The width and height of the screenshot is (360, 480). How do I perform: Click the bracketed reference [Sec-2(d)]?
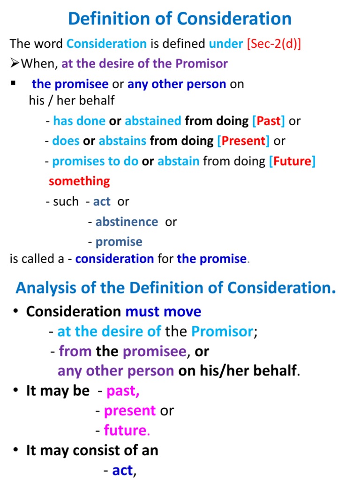click(x=274, y=44)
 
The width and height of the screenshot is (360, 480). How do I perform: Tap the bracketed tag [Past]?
click(x=269, y=121)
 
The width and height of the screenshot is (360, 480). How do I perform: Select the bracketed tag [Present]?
click(x=244, y=141)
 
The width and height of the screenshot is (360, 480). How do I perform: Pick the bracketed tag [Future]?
click(x=292, y=161)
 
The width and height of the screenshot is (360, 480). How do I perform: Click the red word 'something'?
click(x=79, y=181)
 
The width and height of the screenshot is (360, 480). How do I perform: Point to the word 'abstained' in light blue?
click(x=153, y=121)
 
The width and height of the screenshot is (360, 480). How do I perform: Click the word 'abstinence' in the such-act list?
click(x=127, y=222)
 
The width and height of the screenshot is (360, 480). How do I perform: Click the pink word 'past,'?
click(x=123, y=391)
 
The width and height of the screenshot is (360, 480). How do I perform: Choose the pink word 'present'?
click(x=130, y=411)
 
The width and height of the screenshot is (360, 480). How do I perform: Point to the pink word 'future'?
click(x=125, y=430)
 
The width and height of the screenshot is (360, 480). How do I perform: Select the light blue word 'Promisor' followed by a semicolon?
click(x=222, y=331)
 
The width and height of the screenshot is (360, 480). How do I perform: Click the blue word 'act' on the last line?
click(x=122, y=471)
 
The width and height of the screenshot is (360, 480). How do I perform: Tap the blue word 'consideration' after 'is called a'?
click(x=114, y=259)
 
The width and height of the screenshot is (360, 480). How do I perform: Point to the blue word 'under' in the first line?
click(x=226, y=44)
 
